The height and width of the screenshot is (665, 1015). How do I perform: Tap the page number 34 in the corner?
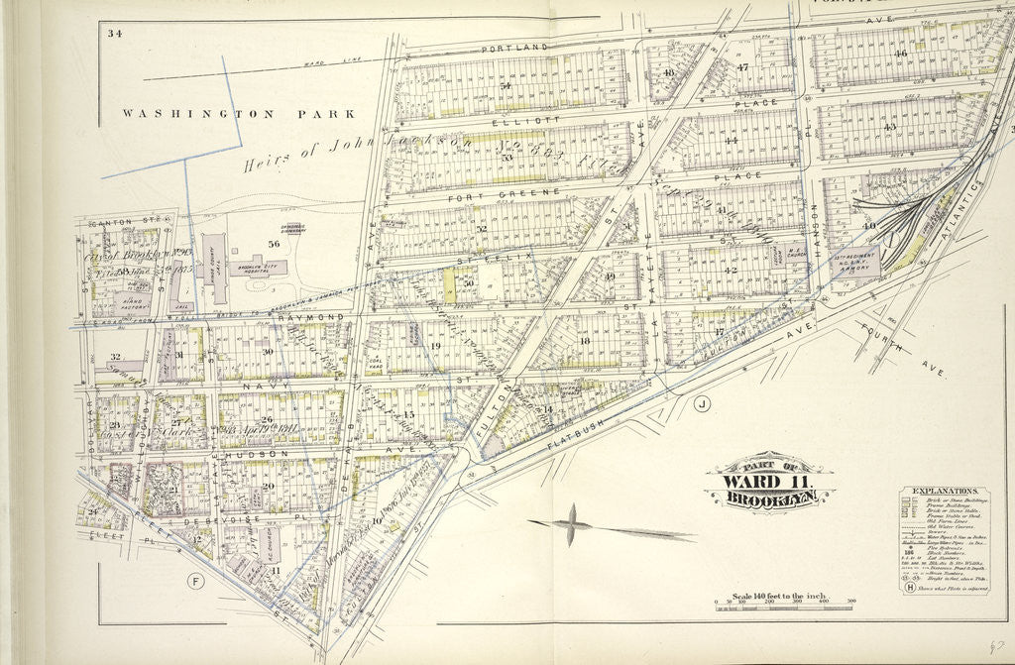click(x=115, y=34)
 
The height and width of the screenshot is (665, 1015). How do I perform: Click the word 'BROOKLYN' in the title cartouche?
click(x=770, y=500)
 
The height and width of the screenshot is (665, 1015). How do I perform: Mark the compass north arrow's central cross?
click(x=572, y=523)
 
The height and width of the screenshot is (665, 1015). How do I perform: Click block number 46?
click(x=900, y=54)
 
